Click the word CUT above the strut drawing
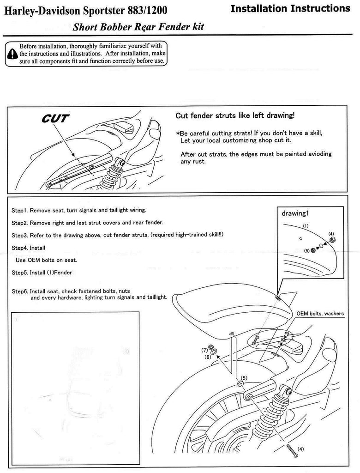click(x=56, y=119)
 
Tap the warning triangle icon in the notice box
click(x=12, y=55)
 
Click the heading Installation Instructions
click(x=290, y=8)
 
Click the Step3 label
click(x=19, y=235)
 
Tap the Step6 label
click(x=19, y=292)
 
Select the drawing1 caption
click(x=295, y=214)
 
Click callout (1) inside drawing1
click(x=305, y=225)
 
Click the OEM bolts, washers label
click(x=320, y=314)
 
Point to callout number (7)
click(x=204, y=350)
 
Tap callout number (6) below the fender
click(x=208, y=357)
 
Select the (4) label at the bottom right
click(x=300, y=449)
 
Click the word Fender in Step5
click(x=63, y=273)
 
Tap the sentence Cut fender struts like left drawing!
click(x=235, y=115)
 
